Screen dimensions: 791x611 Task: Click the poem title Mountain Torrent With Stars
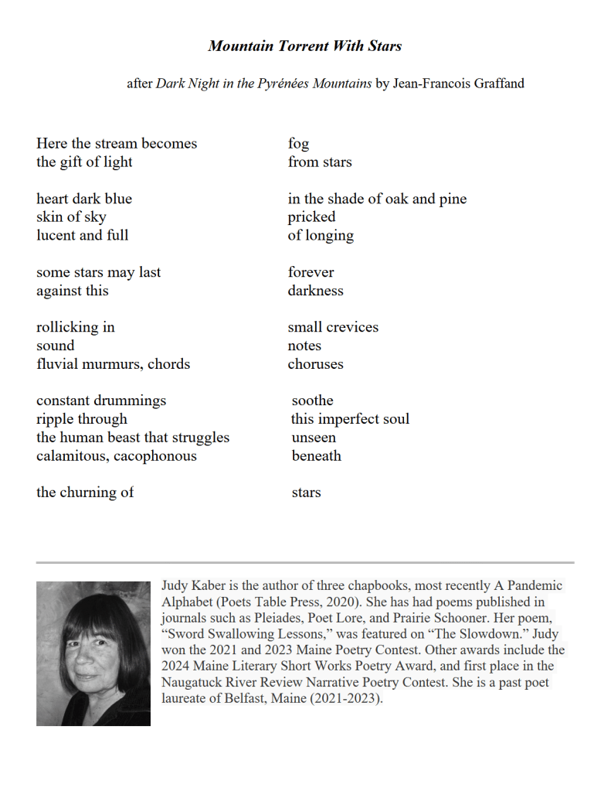click(x=304, y=46)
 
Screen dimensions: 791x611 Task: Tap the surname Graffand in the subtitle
click(x=494, y=84)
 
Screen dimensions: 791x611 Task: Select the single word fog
click(x=298, y=144)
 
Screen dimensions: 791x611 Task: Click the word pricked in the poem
click(x=311, y=217)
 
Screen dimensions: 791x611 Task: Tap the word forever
click(x=311, y=272)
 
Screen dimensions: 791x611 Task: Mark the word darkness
click(x=315, y=291)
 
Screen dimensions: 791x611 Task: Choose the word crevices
click(x=351, y=327)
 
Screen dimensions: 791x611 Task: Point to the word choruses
click(x=315, y=364)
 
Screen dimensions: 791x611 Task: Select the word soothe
click(x=312, y=401)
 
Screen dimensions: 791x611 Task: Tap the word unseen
click(x=313, y=438)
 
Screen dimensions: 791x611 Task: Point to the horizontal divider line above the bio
click(x=304, y=562)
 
